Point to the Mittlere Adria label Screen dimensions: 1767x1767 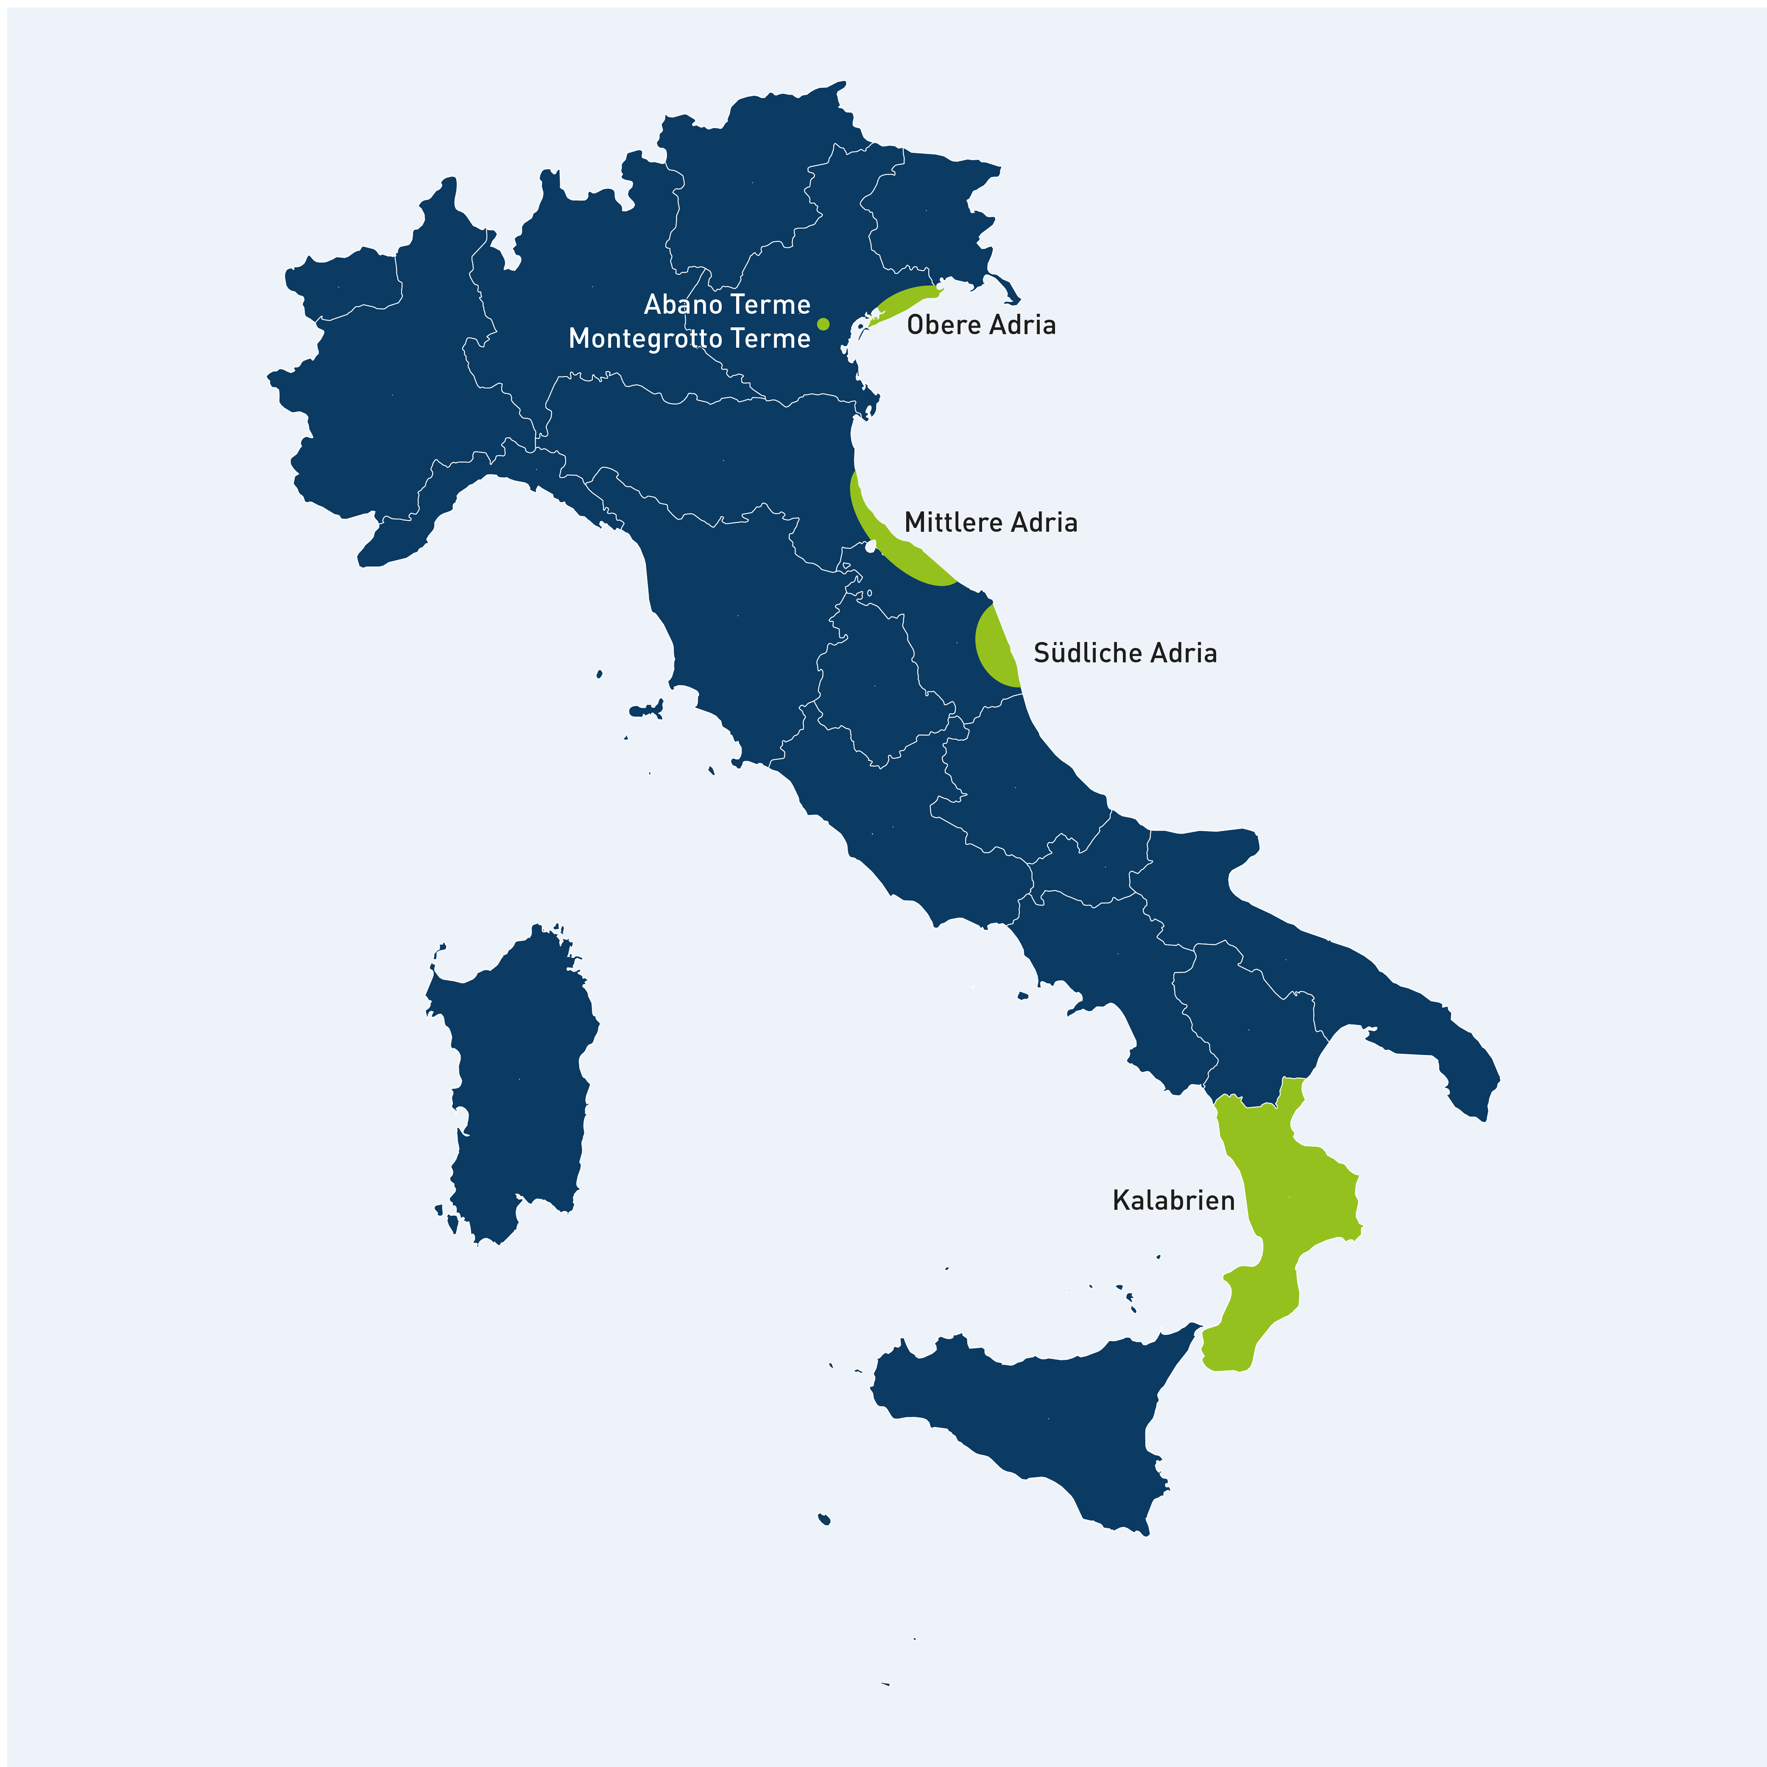[991, 522]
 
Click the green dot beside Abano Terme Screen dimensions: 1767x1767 [823, 324]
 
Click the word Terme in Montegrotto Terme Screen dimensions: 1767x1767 [770, 338]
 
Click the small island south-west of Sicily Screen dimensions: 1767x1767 [824, 1519]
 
